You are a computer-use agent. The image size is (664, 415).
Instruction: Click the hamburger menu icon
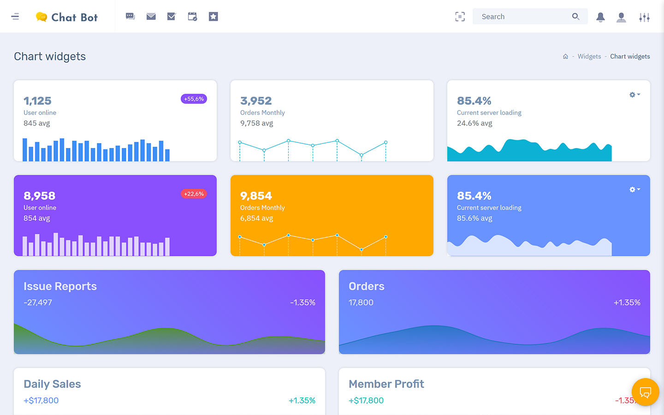click(x=15, y=17)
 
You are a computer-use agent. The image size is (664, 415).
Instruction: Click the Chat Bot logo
click(x=67, y=17)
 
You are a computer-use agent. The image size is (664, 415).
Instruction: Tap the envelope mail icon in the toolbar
click(x=151, y=17)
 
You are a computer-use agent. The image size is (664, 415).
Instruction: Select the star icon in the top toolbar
click(x=213, y=17)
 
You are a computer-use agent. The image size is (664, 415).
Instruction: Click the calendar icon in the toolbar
click(x=192, y=17)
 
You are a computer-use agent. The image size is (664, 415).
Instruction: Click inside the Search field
click(x=523, y=17)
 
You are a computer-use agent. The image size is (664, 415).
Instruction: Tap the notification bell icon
click(x=600, y=17)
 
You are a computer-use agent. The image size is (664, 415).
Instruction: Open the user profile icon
click(x=621, y=17)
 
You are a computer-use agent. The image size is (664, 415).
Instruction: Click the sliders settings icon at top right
click(x=644, y=17)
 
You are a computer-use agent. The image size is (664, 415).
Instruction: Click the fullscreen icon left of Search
click(x=460, y=17)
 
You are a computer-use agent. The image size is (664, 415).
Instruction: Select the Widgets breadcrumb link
click(x=589, y=56)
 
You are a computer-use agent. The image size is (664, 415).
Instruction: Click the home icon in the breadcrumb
click(x=565, y=56)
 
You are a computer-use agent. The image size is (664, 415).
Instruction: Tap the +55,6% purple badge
click(x=194, y=99)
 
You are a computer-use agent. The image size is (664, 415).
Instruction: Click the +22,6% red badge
click(x=194, y=194)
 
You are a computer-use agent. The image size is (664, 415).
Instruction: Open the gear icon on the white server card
click(x=634, y=95)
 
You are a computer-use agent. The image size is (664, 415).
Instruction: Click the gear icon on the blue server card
click(x=634, y=190)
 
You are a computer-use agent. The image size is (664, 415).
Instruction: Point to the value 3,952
click(x=256, y=101)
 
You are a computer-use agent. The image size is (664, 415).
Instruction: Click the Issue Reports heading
click(x=60, y=286)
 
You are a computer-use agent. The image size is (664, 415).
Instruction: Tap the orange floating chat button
click(x=645, y=392)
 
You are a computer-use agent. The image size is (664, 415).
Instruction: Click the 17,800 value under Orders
click(x=361, y=302)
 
